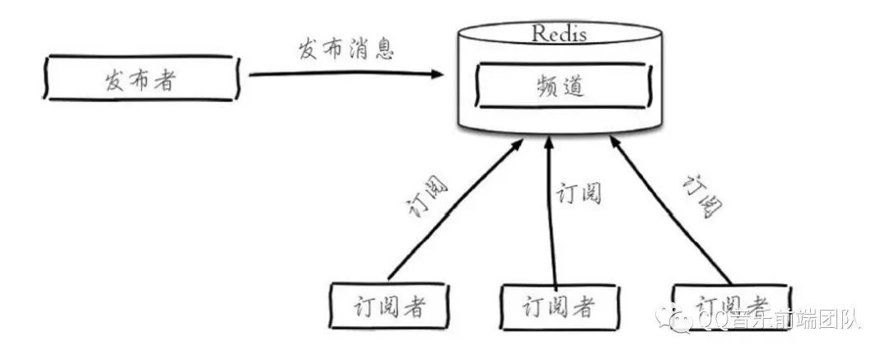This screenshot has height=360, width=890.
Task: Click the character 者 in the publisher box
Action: point(164,79)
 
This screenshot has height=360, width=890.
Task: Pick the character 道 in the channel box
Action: point(575,86)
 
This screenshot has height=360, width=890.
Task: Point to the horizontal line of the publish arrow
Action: point(338,74)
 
